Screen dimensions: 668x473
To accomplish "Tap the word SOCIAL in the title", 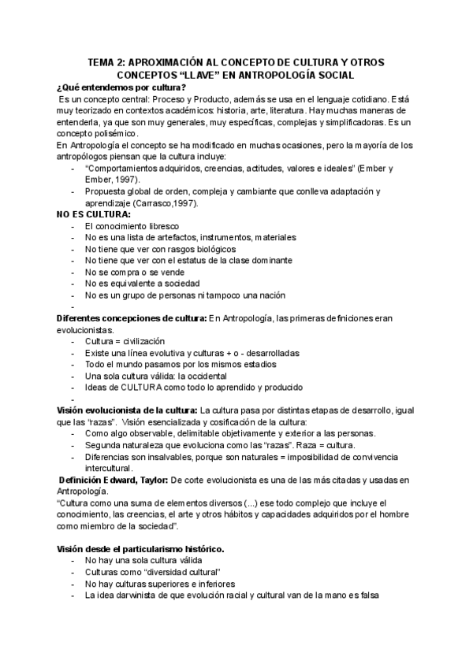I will point(335,74).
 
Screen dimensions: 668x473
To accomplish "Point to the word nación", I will point(268,295).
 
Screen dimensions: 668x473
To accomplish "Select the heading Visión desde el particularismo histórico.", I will point(139,549).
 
